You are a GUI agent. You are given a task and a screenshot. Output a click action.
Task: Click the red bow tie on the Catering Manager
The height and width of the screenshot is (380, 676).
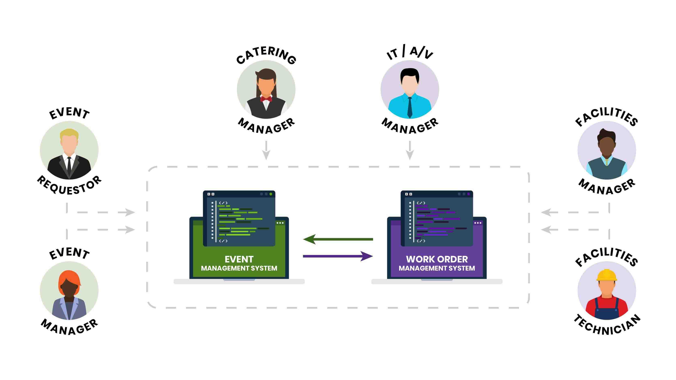(x=266, y=99)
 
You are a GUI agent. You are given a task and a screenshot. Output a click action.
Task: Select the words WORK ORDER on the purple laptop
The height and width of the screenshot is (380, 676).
(x=437, y=259)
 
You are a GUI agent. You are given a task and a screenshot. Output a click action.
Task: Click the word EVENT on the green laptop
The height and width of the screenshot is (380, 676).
(x=239, y=259)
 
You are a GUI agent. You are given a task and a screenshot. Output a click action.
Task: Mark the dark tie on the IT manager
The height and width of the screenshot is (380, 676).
(x=410, y=108)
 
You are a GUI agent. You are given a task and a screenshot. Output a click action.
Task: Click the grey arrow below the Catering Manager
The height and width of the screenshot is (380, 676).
(x=266, y=151)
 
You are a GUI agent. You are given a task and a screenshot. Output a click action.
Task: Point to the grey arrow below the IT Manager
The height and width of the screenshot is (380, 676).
(x=410, y=151)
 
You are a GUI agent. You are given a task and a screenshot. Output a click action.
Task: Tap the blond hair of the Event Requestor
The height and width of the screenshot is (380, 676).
(x=69, y=134)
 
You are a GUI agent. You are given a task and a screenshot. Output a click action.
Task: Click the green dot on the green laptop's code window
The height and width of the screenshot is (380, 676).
(x=271, y=194)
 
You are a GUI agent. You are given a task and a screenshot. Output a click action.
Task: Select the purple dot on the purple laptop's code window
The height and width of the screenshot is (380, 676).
(x=469, y=194)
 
